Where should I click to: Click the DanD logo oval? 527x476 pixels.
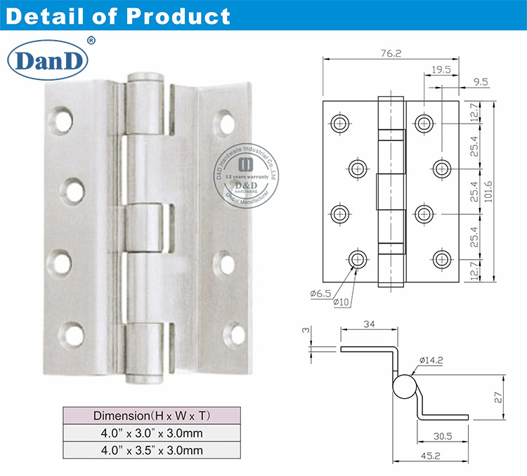coord(46,61)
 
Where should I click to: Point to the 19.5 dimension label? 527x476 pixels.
coord(441,70)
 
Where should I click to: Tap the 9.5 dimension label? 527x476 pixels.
coord(481,82)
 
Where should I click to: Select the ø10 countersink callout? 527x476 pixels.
coord(344,302)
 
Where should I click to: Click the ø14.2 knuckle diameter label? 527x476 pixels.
coord(430,361)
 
